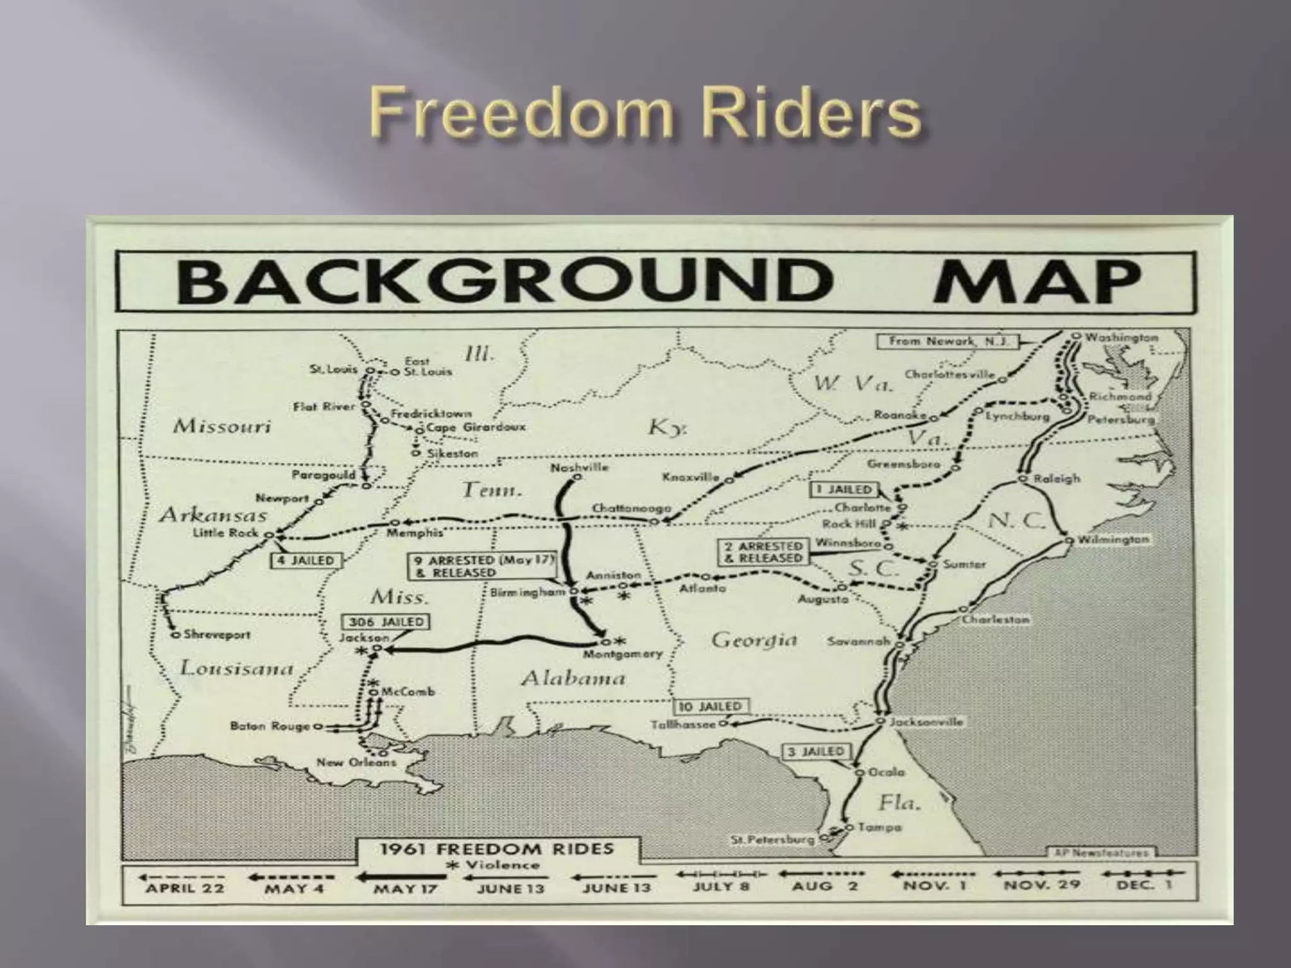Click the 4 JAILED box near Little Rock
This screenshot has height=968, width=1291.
(x=306, y=560)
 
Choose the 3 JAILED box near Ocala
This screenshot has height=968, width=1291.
(x=816, y=752)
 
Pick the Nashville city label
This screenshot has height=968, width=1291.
(x=579, y=468)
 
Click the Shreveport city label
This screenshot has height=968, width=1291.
(x=217, y=635)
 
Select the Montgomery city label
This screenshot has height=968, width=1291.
(x=622, y=654)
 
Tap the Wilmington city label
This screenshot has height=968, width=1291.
(x=1113, y=539)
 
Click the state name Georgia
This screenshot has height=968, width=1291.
(x=754, y=640)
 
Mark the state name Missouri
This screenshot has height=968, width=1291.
(x=222, y=427)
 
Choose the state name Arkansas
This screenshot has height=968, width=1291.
(x=213, y=516)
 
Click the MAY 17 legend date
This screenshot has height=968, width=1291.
(x=405, y=889)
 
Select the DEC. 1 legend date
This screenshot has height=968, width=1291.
(x=1144, y=885)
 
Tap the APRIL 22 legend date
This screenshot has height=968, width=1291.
(x=185, y=889)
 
